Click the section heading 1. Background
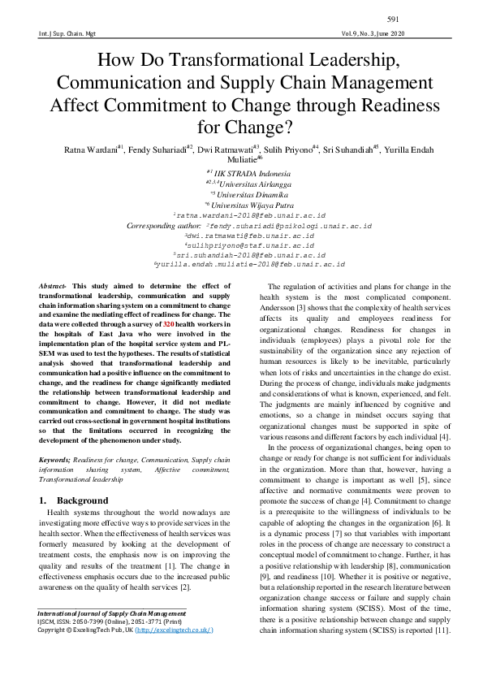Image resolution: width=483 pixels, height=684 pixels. click(74, 500)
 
